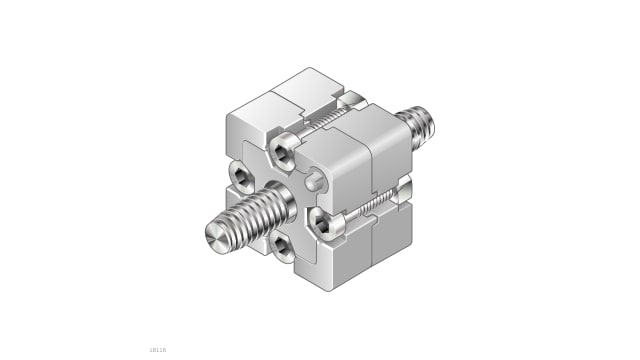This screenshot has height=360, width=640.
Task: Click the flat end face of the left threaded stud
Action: point(216,238)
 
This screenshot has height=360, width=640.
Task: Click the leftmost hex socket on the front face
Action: point(243,177)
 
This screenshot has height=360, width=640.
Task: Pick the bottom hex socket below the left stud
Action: point(282,246)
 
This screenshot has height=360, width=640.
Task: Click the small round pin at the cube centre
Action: point(314,181)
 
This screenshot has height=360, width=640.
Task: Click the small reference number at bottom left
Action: point(157,349)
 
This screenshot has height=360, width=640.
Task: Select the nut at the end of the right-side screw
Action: point(404,188)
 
